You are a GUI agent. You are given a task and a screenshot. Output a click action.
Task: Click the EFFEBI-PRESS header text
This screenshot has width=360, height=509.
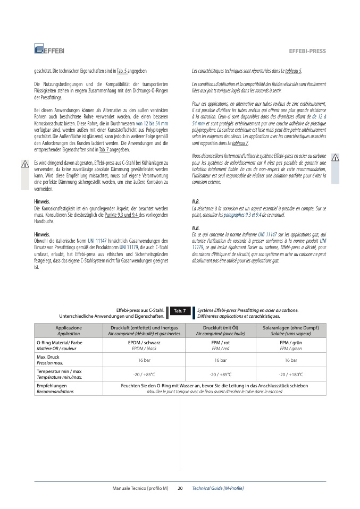point(307,51)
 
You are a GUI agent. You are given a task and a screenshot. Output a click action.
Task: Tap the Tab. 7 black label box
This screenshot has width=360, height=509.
point(180,310)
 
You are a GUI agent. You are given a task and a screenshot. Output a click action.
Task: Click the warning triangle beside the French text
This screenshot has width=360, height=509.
point(335,157)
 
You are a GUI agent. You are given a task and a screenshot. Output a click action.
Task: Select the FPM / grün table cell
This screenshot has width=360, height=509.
point(291,345)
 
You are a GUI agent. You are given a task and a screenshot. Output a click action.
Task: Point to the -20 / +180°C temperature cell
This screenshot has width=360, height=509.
point(291,374)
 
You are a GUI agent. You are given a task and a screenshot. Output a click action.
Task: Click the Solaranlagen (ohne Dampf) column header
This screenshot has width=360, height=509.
point(291,330)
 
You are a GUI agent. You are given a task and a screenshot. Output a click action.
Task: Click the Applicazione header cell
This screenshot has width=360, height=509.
point(69,330)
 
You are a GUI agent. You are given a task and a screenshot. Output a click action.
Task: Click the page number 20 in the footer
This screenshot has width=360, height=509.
point(180,488)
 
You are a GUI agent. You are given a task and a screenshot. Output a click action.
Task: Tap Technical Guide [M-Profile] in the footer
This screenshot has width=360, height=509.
point(217,488)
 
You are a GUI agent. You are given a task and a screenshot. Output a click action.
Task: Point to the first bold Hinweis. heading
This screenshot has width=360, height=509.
point(42,202)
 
